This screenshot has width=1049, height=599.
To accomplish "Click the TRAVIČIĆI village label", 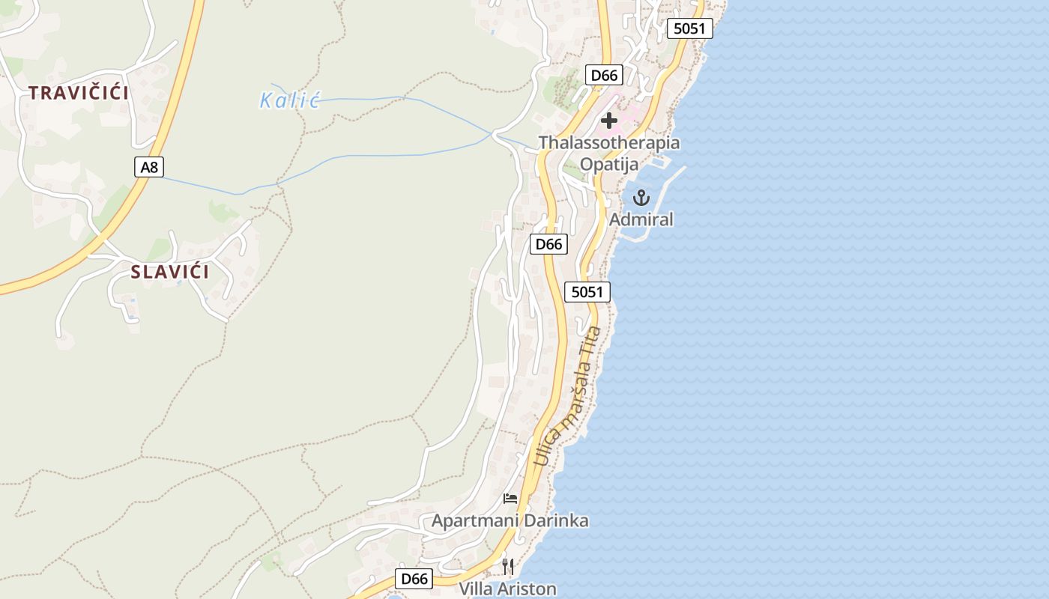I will pos(79,93).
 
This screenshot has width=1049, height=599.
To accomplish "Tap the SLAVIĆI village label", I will pos(170,272).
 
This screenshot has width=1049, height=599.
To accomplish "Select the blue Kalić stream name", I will pos(289,100).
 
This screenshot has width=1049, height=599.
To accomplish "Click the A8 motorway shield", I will pos(150,166).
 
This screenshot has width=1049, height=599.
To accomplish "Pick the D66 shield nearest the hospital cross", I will pos(604,75).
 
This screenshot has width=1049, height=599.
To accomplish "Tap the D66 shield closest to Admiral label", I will pos(548,244).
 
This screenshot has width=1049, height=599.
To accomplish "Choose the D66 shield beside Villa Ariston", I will pos(414,578).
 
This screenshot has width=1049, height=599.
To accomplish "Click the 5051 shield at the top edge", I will pos(689,28).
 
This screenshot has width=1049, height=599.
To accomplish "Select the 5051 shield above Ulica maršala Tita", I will pos(587,292).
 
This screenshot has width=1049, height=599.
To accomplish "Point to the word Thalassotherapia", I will pos(609,142).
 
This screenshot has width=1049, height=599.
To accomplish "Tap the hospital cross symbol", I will pos(609,120).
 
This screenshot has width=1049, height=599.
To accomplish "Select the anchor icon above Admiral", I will pos(641,198).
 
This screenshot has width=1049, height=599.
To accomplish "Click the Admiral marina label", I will pos(641,219).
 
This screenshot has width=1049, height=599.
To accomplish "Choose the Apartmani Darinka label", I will pos(510,520).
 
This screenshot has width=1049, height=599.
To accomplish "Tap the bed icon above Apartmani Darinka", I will pos(510,498).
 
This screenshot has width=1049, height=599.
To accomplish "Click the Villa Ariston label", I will pos(508,589).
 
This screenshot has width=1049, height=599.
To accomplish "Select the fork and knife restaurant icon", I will pos(508,565).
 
